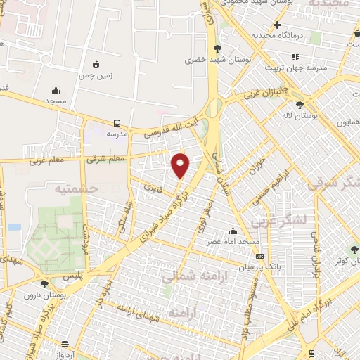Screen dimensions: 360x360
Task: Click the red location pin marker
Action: click(x=181, y=165)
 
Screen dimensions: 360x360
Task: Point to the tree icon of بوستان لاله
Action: click(x=300, y=104)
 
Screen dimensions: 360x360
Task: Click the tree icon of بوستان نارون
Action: click(x=45, y=284)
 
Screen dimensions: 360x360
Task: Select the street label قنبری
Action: click(x=153, y=188)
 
